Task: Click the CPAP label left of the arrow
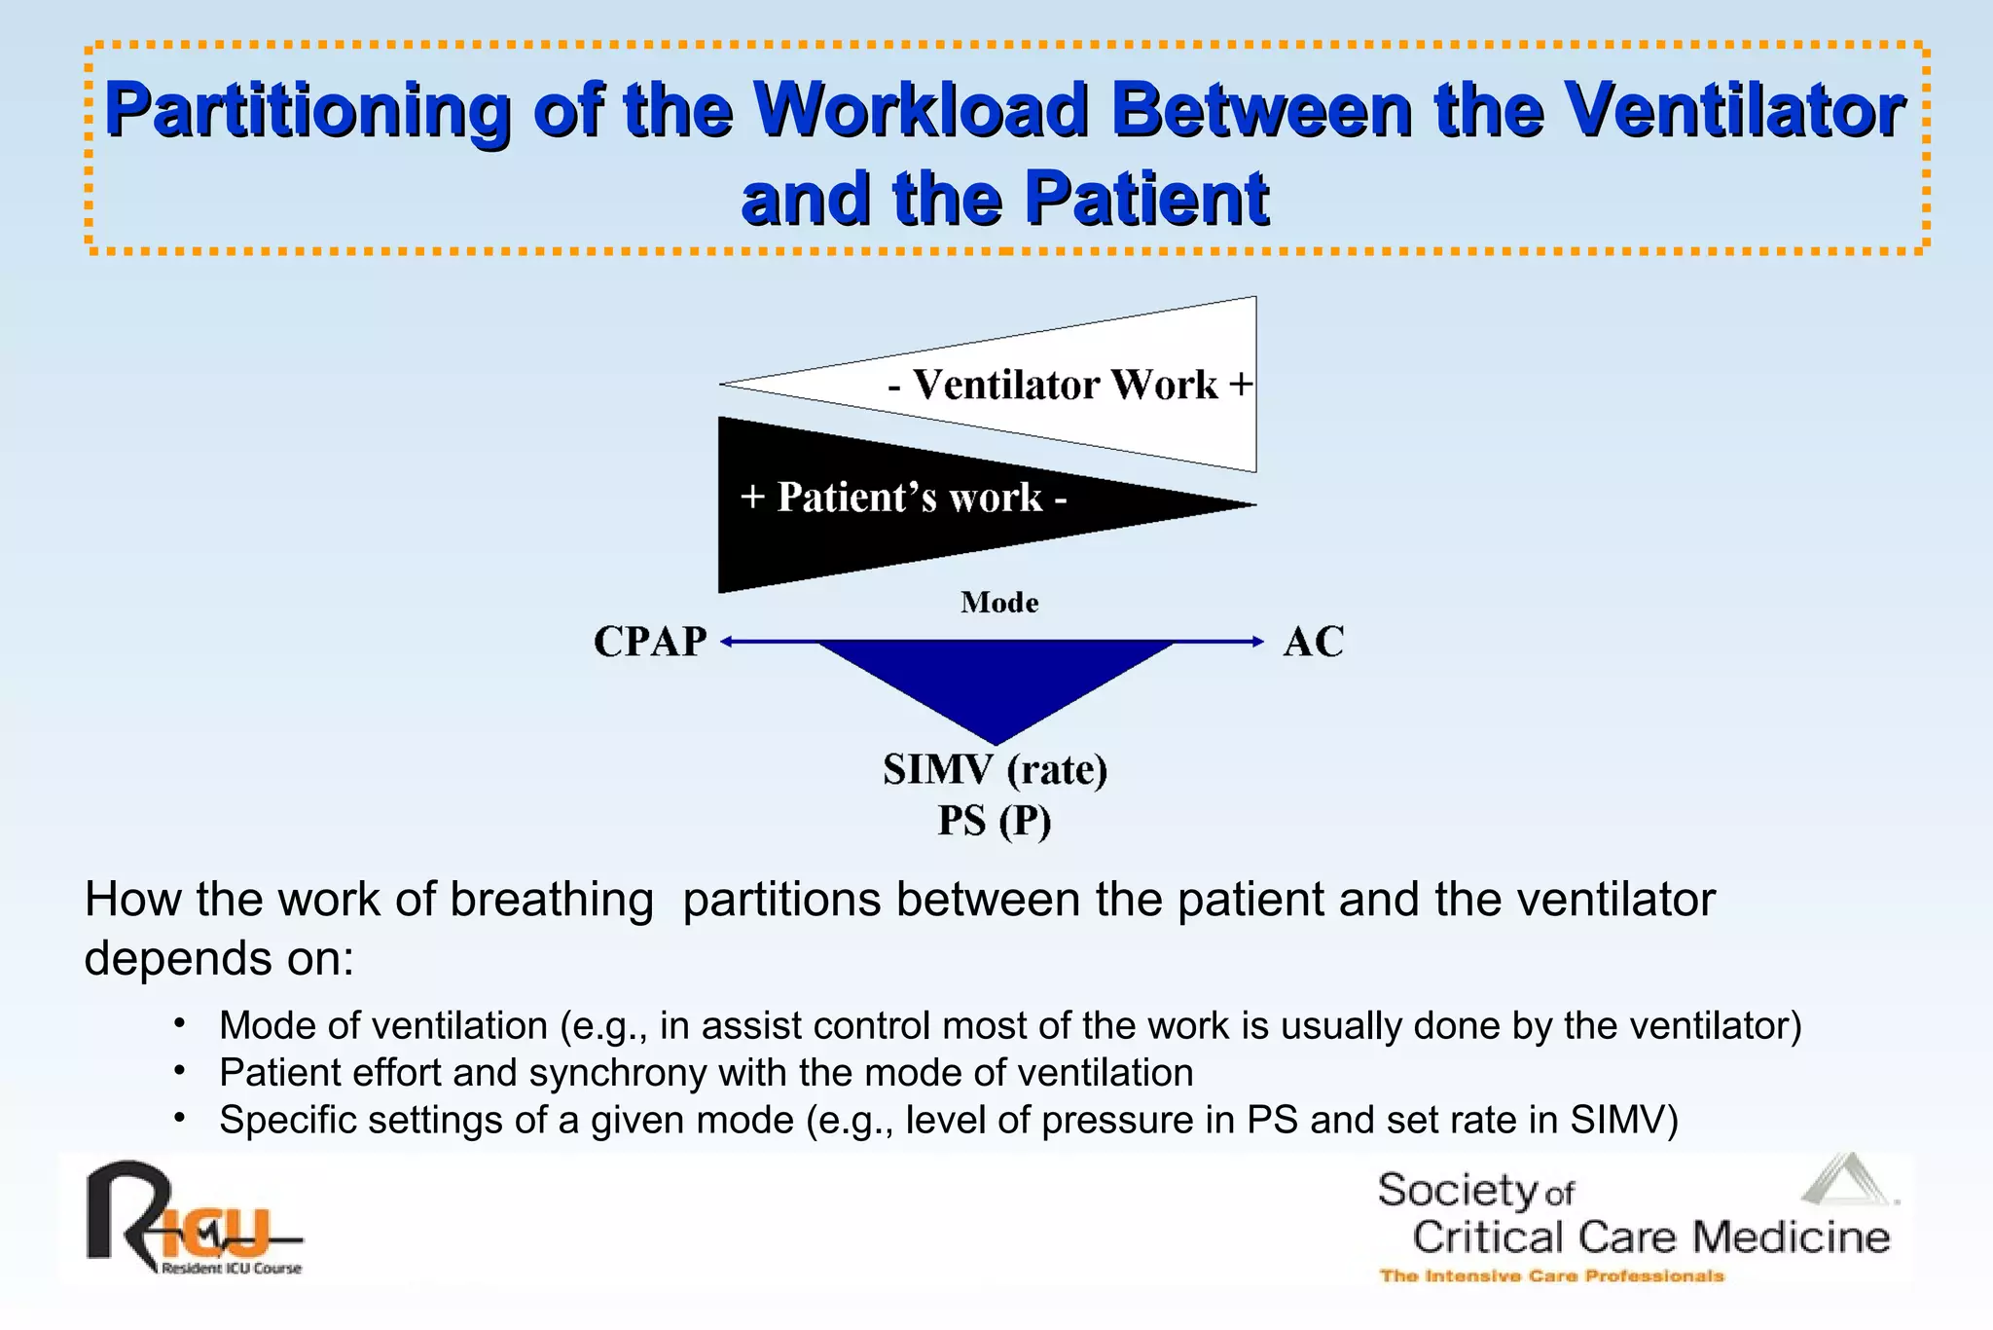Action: [650, 642]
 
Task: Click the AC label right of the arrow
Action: [1313, 642]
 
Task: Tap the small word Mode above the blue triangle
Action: [999, 603]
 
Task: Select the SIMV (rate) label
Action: [995, 770]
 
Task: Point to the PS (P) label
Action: [995, 821]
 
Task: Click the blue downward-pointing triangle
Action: [996, 683]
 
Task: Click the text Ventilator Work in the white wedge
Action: [1065, 385]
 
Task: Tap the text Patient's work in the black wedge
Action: [910, 498]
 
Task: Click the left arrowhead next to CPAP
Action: [726, 642]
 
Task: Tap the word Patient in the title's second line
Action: [1146, 199]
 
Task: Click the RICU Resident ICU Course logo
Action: [193, 1220]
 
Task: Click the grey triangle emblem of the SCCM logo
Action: [1846, 1180]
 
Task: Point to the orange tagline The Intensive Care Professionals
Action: [1551, 1275]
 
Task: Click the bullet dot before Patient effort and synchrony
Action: [179, 1071]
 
